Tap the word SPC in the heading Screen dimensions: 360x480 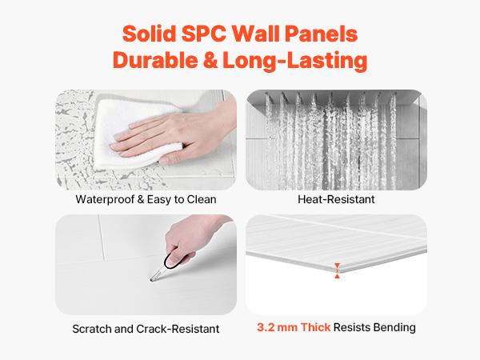pos(210,35)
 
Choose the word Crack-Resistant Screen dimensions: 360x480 pos(180,328)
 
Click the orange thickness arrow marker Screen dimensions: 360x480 pos(338,270)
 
